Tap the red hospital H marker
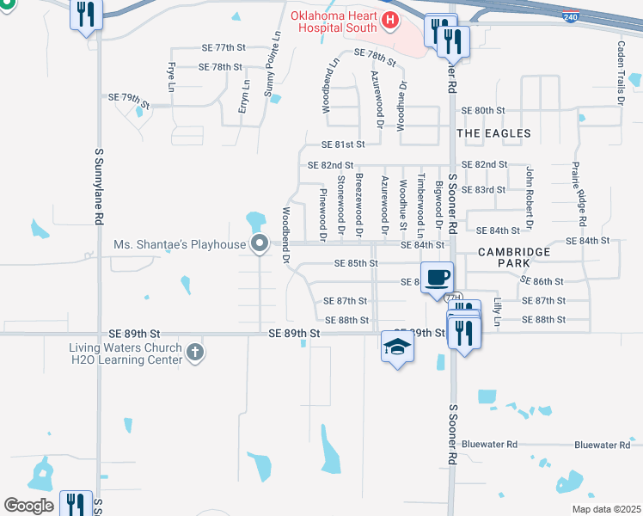390,19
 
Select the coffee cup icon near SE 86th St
438,277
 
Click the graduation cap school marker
396,346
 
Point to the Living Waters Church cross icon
195,352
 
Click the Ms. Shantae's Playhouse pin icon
260,244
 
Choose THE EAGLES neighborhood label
493,133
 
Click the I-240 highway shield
571,16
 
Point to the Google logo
28,506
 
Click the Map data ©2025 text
605,509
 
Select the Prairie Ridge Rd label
582,196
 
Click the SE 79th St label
129,99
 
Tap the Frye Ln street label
171,77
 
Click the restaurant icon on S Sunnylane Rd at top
86,14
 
